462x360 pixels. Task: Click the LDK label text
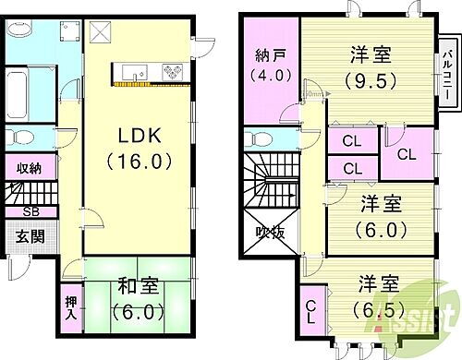click(138, 136)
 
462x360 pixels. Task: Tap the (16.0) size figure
click(138, 162)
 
